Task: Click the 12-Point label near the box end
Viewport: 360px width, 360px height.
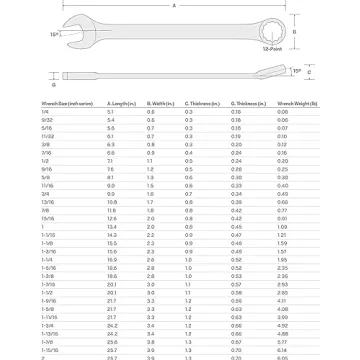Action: (272, 50)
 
